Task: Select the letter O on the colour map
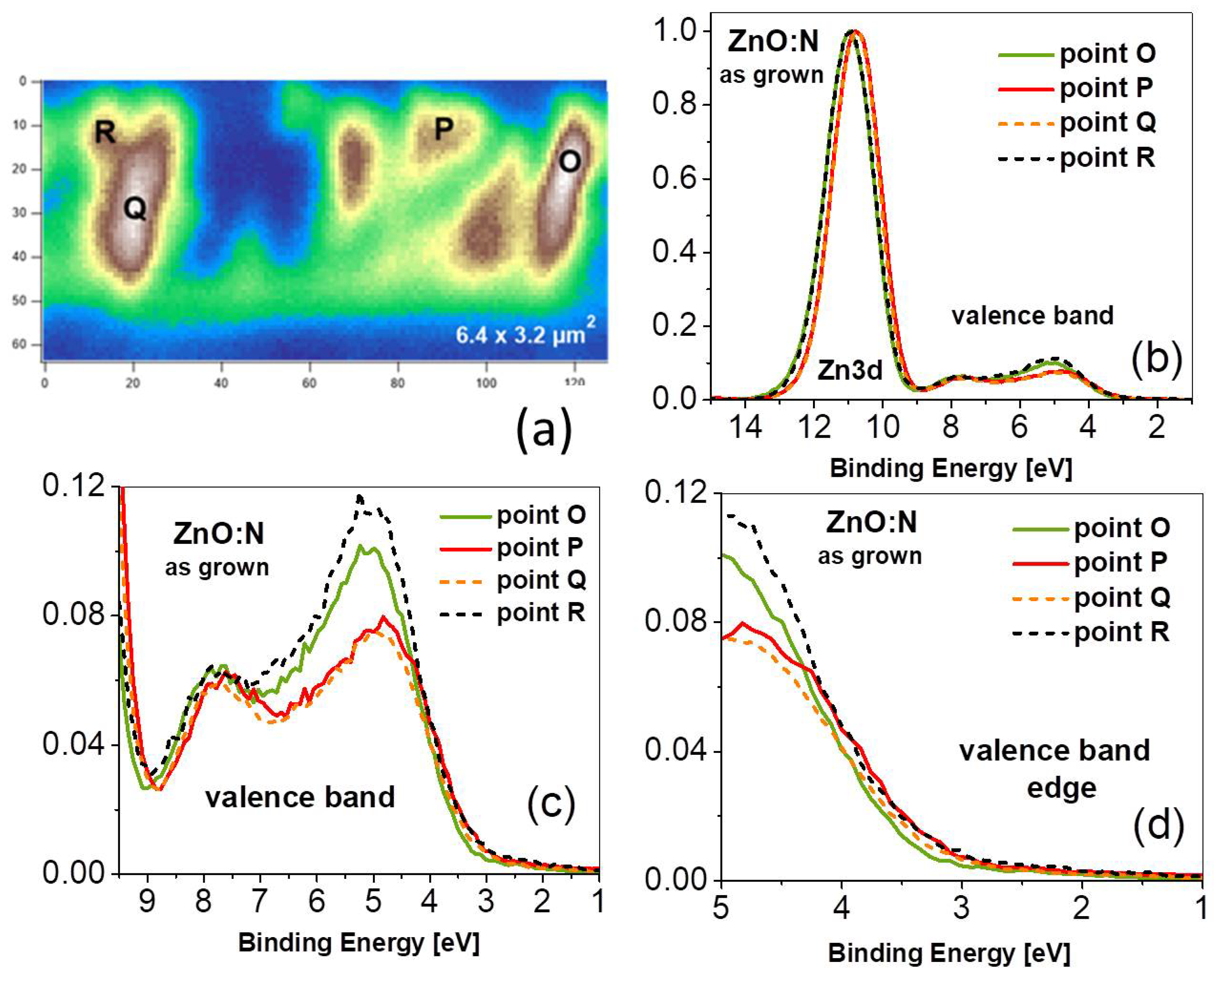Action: pyautogui.click(x=569, y=162)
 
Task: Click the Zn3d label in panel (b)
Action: pyautogui.click(x=850, y=370)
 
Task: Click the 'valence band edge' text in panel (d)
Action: pyautogui.click(x=1054, y=769)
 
